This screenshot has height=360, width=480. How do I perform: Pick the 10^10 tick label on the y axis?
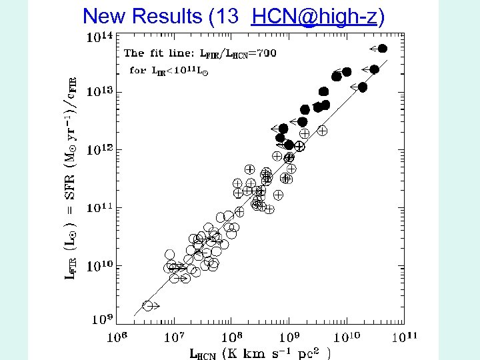99,266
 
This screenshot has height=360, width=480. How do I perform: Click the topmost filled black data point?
382,48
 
